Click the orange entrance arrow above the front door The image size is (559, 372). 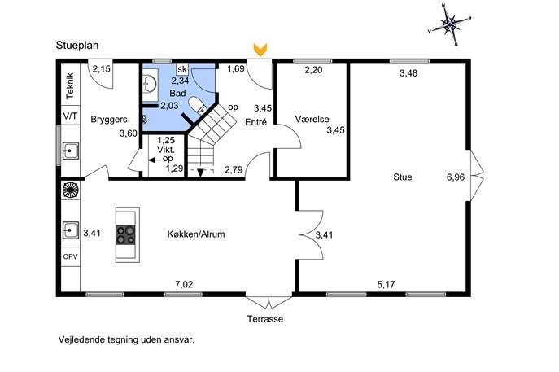[x=260, y=50]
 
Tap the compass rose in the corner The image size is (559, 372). [x=450, y=24]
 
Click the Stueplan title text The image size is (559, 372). [x=77, y=46]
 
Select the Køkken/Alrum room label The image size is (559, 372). [x=196, y=234]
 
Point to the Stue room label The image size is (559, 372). [x=403, y=177]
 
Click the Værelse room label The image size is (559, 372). [x=312, y=119]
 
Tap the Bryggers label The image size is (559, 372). [x=109, y=120]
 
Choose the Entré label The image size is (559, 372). [x=256, y=122]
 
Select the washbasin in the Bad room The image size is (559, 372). [x=151, y=84]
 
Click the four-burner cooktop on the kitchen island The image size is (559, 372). [x=126, y=234]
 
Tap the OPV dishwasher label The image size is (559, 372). [x=70, y=256]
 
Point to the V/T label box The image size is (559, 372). [x=71, y=116]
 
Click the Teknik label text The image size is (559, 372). [x=70, y=85]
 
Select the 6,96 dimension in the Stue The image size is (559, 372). [x=456, y=177]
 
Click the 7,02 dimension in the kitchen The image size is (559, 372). [x=184, y=284]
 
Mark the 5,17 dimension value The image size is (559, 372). [x=386, y=284]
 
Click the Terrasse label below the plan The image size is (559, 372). [x=265, y=319]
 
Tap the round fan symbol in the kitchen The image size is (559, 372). [x=71, y=190]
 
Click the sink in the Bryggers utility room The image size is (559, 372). [x=71, y=151]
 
